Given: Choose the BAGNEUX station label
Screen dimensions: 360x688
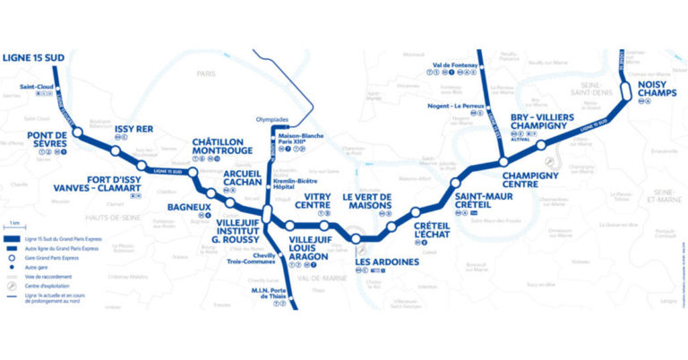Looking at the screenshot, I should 189,205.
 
